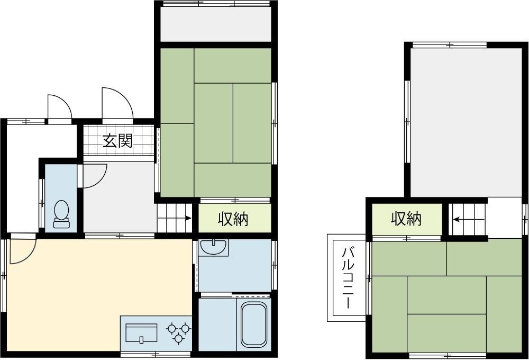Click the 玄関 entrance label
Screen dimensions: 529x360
point(118,141)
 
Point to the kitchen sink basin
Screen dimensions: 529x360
point(141,334)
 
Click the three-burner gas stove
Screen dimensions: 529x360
point(178,332)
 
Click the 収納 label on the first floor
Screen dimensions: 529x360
point(233,219)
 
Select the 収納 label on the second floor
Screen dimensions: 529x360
point(406,219)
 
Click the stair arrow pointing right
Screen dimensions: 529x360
point(175,218)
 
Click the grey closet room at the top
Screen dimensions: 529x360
point(216,24)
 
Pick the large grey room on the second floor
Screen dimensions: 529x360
point(466,122)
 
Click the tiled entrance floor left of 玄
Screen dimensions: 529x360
point(93,141)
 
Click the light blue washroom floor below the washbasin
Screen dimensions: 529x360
point(235,274)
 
